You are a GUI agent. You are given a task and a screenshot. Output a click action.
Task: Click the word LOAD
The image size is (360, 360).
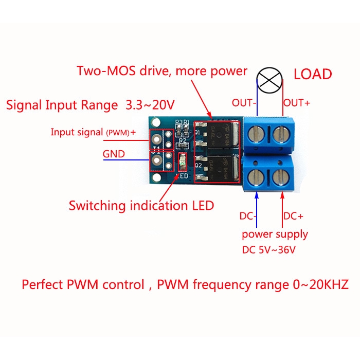tap(313, 74)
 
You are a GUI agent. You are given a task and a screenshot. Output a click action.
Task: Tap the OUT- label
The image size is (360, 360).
tap(244, 103)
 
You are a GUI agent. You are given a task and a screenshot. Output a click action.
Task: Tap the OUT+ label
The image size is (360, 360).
tap(297, 103)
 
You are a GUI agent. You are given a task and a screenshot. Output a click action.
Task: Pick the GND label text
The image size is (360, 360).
tap(114, 154)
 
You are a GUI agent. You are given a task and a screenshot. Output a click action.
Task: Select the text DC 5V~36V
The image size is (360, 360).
tap(271, 250)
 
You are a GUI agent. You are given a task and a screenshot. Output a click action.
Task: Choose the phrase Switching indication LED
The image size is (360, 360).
tap(141, 206)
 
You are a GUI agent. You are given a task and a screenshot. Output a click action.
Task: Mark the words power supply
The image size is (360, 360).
tap(275, 234)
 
